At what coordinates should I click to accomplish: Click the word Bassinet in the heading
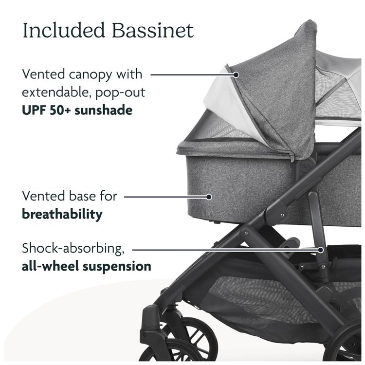(x=153, y=30)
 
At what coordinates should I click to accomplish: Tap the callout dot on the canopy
(x=236, y=75)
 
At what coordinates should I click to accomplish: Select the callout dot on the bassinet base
(x=209, y=197)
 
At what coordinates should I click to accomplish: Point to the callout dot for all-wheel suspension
(x=321, y=250)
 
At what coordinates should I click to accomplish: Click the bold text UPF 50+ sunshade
(x=77, y=110)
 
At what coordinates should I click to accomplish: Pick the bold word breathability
(x=62, y=214)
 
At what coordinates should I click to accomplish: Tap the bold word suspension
(x=117, y=267)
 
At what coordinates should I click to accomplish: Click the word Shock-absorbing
(x=73, y=249)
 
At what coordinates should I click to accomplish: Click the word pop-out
(x=120, y=93)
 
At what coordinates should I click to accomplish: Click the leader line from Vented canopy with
(x=193, y=75)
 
